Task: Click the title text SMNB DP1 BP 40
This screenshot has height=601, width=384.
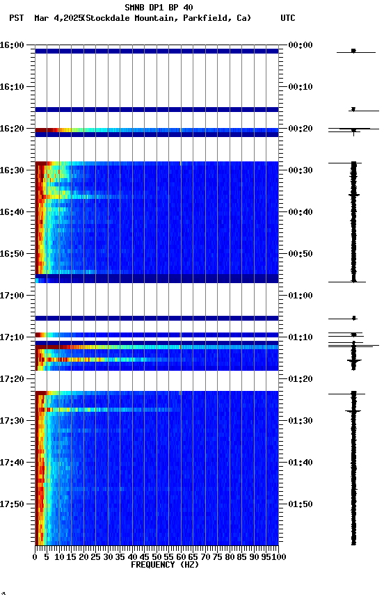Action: [159, 8]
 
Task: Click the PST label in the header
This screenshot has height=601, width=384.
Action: [16, 18]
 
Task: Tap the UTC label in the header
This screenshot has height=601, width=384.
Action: [287, 18]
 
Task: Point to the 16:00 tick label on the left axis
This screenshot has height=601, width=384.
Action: [13, 45]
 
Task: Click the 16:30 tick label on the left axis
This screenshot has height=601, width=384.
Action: [13, 170]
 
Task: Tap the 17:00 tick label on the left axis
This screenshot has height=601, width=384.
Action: [13, 296]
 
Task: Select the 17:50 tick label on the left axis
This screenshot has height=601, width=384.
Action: [13, 504]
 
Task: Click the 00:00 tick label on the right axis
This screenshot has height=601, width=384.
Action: [300, 45]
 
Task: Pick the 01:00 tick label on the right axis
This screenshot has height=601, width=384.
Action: [300, 296]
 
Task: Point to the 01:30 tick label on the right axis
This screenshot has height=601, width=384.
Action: [300, 421]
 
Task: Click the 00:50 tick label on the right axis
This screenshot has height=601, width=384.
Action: [300, 254]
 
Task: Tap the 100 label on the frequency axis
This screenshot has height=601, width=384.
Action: [279, 556]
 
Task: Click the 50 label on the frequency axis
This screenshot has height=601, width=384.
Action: [157, 556]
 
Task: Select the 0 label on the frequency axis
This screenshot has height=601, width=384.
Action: [35, 556]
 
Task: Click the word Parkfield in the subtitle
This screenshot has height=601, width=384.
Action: [207, 18]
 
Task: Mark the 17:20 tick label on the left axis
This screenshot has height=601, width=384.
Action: [13, 379]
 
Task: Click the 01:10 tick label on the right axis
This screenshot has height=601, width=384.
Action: [300, 337]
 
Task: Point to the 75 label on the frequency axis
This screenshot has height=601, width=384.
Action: [218, 556]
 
